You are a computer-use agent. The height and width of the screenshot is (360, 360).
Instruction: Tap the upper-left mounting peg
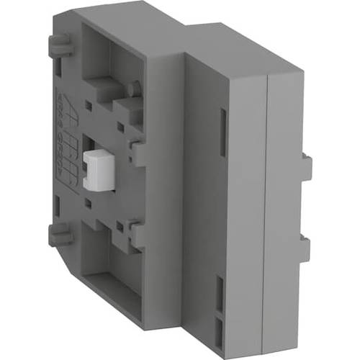tap(58, 46)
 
